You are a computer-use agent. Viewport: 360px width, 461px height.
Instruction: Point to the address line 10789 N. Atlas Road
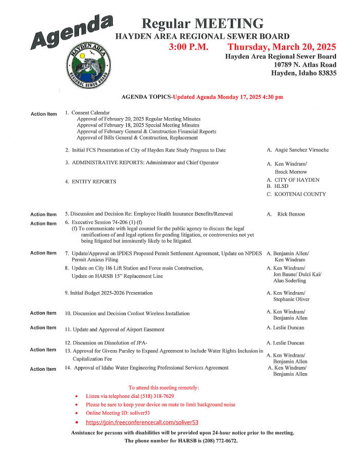305,65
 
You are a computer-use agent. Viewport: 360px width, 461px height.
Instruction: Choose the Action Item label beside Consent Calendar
44,114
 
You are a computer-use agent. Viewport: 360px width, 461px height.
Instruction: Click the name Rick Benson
291,214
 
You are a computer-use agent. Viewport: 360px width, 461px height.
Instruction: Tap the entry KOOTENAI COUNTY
299,195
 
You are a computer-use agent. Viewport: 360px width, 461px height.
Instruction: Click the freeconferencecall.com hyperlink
142,422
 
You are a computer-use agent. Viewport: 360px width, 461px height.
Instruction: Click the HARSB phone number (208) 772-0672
219,441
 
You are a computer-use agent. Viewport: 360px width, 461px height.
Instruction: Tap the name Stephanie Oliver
291,299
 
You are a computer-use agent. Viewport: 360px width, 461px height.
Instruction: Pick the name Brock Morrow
291,172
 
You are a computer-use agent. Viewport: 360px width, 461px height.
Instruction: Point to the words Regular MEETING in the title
203,23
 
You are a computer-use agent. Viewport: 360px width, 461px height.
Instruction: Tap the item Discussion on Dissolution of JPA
110,342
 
